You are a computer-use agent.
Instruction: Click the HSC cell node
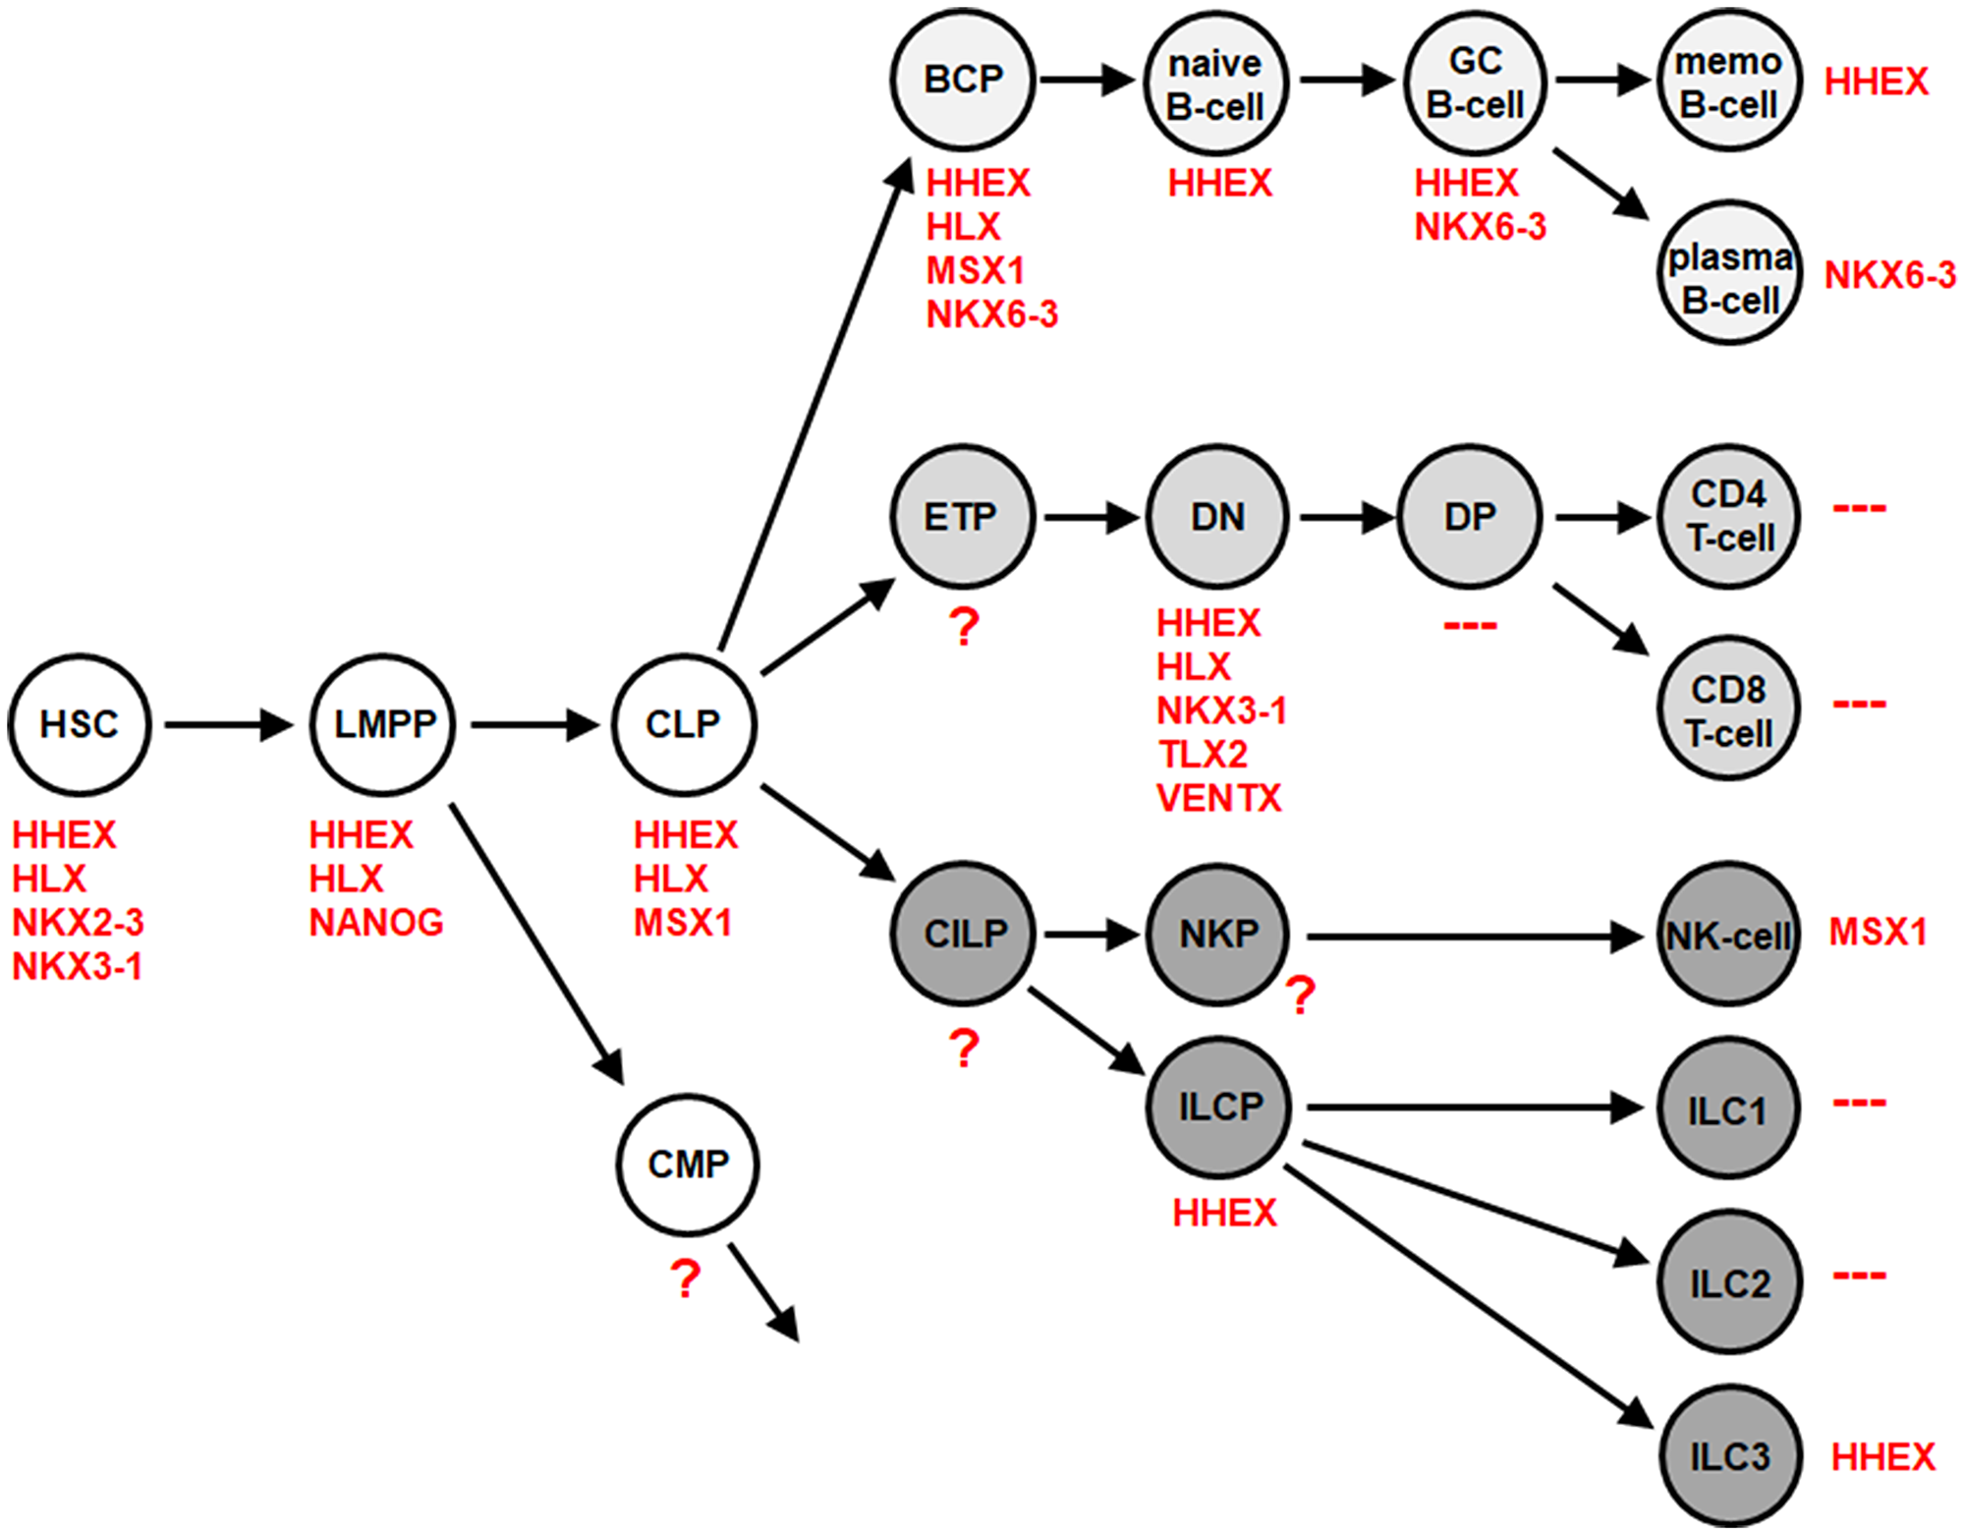click(79, 724)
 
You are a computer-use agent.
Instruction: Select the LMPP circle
click(383, 724)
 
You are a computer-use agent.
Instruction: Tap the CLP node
click(684, 724)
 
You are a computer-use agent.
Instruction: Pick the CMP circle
click(688, 1165)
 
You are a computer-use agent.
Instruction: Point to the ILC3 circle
click(1729, 1455)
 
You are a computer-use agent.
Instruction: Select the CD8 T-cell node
click(1729, 709)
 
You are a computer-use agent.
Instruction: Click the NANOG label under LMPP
click(376, 923)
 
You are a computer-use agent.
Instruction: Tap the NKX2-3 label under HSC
click(78, 923)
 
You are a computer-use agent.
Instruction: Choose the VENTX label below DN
click(1219, 798)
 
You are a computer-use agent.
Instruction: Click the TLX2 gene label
click(1203, 755)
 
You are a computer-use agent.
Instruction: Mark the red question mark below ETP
click(965, 627)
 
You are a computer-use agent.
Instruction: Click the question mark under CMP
click(685, 1279)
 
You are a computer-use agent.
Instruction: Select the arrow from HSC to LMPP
click(228, 725)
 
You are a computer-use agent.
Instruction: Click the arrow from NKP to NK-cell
click(1474, 937)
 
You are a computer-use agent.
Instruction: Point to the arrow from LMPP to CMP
click(536, 943)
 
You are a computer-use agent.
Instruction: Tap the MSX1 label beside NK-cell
click(1878, 932)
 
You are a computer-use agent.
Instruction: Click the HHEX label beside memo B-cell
click(1877, 82)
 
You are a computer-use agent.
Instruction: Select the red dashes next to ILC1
click(1859, 1103)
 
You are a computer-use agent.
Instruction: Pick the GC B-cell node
click(1475, 82)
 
